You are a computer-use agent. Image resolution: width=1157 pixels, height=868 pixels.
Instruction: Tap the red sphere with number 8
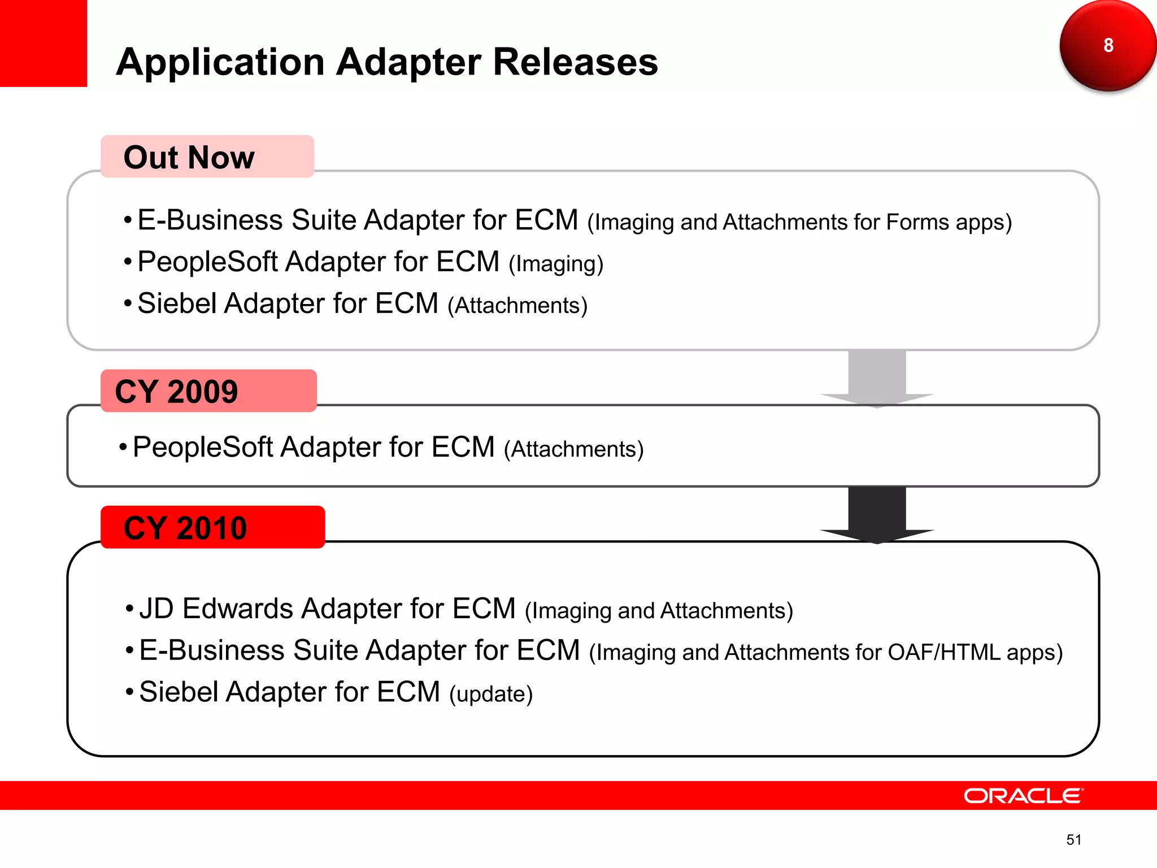pos(1107,45)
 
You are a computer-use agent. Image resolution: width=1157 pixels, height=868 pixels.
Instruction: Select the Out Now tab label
pos(189,157)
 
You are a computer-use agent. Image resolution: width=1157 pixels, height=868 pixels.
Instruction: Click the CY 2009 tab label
pos(176,392)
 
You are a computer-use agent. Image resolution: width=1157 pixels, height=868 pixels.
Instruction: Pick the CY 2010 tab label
pos(185,528)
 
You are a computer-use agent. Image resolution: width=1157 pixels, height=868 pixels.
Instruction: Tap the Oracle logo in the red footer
pos(1023,796)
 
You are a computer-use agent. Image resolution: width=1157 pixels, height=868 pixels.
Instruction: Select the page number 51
pos(1073,840)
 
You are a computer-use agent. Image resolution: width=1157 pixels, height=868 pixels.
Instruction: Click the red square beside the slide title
pos(43,43)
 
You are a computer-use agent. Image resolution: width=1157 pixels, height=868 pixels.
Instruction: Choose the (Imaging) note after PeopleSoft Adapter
pos(556,264)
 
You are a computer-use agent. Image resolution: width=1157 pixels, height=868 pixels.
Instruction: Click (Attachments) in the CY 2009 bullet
pos(573,449)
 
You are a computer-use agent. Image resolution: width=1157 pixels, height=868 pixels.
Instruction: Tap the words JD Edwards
pos(216,609)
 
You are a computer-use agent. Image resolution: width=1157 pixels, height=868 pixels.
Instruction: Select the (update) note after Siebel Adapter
pos(491,694)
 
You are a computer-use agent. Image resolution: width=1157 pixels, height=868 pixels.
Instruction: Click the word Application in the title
pos(220,62)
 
